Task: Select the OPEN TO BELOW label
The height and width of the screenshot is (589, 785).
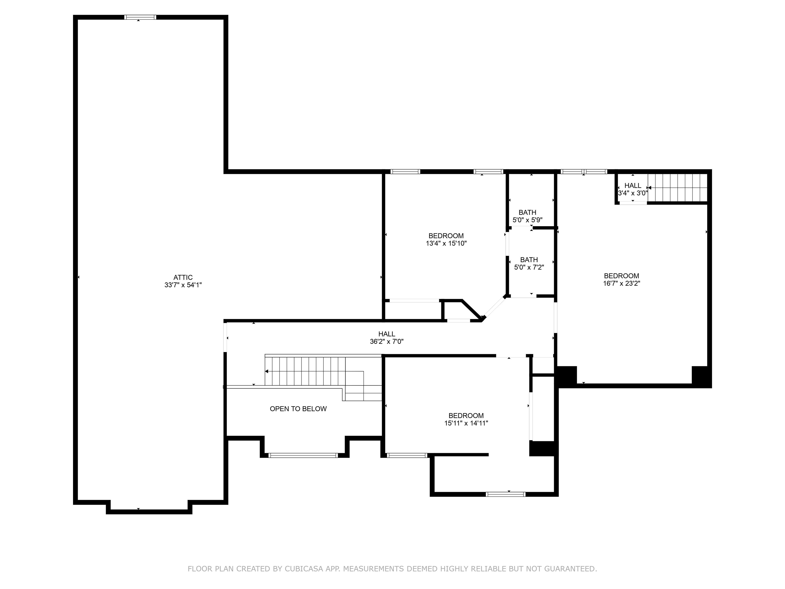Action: pos(298,409)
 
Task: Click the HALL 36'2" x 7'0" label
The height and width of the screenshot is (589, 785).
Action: pos(386,338)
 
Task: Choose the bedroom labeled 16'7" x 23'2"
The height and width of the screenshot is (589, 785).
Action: pos(621,279)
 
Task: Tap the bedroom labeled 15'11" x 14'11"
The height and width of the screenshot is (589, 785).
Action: pos(466,419)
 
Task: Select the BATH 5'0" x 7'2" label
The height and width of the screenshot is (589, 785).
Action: pos(529,263)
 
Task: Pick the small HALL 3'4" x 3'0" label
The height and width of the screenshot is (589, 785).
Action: pos(633,189)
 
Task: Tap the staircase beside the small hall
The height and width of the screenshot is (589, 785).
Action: pos(678,188)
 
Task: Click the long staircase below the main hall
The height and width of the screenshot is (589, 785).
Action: pos(305,371)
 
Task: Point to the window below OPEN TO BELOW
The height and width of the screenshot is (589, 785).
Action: pos(303,455)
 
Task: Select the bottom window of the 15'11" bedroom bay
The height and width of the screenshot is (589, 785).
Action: pos(505,494)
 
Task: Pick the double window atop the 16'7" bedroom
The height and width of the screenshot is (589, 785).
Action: pos(584,172)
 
